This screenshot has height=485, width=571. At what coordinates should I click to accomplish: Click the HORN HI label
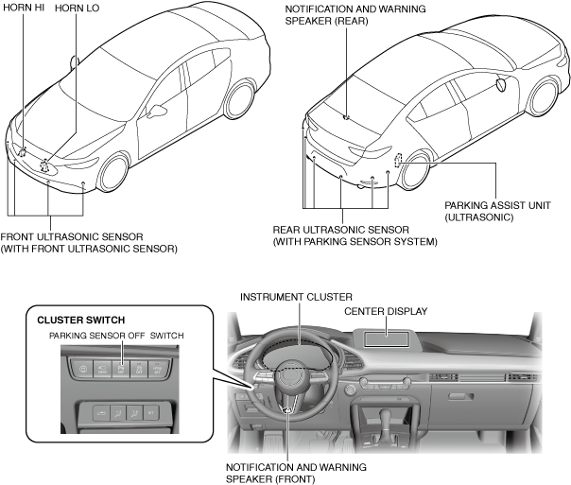(x=25, y=8)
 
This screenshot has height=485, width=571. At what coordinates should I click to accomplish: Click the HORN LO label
(x=78, y=8)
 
